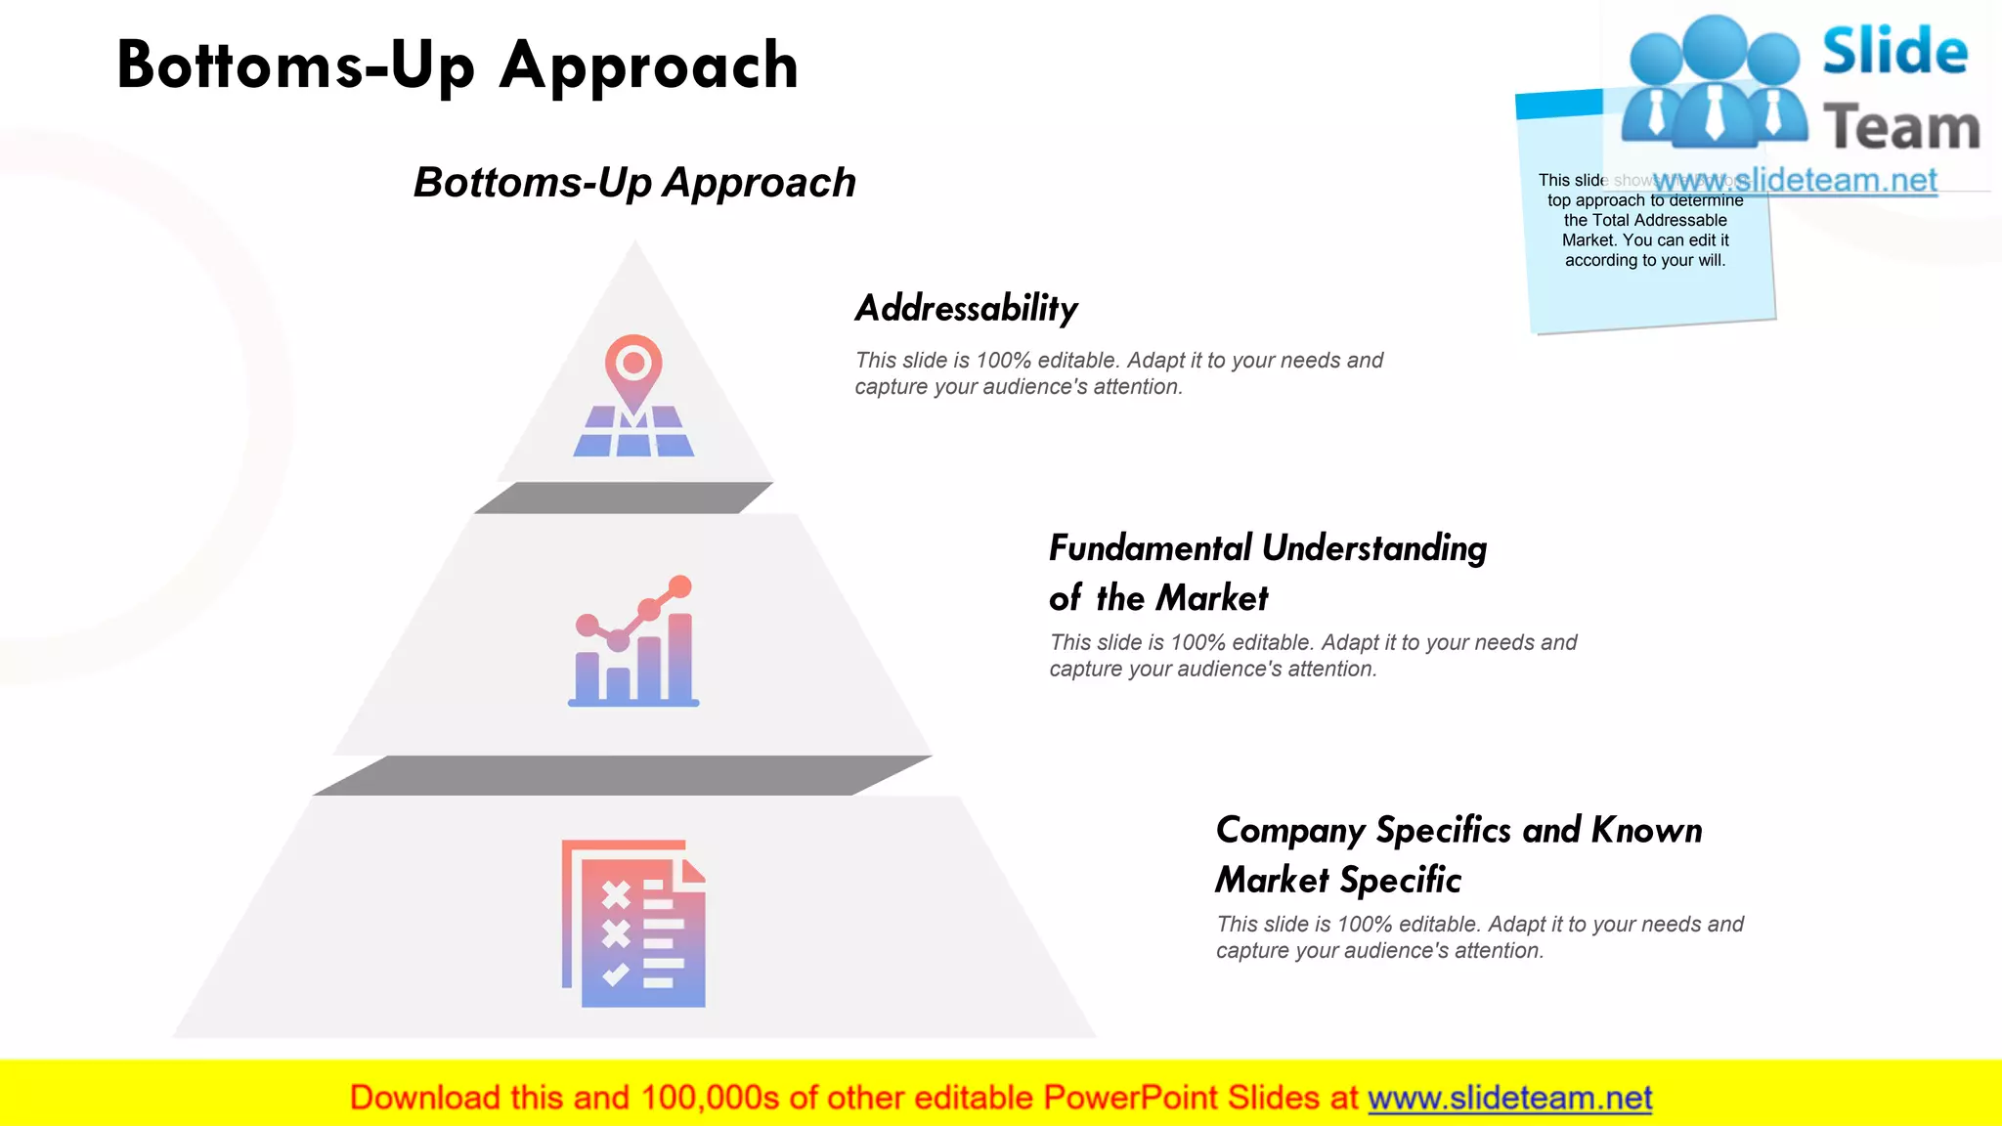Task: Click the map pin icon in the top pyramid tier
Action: click(x=633, y=396)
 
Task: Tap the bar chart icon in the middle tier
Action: click(x=633, y=642)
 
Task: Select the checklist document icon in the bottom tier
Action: click(x=633, y=924)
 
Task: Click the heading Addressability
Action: click(x=966, y=308)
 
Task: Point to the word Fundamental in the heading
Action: click(x=1150, y=548)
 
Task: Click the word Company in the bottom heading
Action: click(x=1290, y=831)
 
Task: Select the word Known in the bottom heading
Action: click(x=1647, y=830)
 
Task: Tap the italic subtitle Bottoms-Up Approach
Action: click(x=634, y=183)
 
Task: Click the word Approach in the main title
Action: click(x=650, y=65)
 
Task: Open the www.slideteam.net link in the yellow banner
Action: click(x=1509, y=1098)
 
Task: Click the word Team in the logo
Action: click(x=1901, y=128)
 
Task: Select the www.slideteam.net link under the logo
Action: click(x=1795, y=181)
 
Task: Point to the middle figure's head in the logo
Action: click(x=1716, y=45)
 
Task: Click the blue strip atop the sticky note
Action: click(x=1558, y=104)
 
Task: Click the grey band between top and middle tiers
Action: click(x=624, y=498)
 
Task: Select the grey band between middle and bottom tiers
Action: click(x=622, y=775)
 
